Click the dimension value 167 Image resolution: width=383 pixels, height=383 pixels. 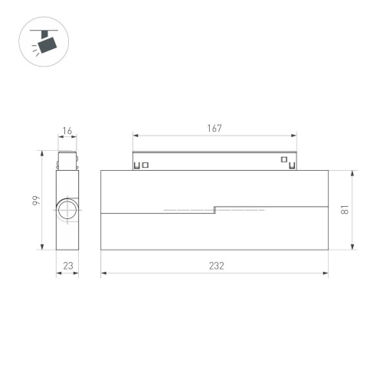(214, 129)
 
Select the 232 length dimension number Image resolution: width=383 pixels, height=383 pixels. (216, 265)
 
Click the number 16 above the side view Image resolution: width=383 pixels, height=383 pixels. (67, 131)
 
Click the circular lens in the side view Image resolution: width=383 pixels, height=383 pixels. (66, 211)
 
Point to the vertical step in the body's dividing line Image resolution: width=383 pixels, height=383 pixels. (214, 208)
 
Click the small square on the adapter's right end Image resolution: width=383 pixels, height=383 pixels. (284, 161)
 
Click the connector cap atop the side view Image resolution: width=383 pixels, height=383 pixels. (67, 159)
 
